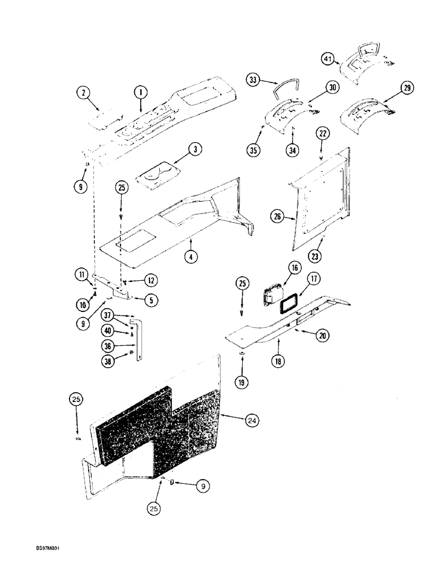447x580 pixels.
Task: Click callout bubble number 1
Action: [x=140, y=91]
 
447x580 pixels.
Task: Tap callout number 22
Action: [x=323, y=134]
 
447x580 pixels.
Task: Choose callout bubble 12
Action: [x=149, y=281]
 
